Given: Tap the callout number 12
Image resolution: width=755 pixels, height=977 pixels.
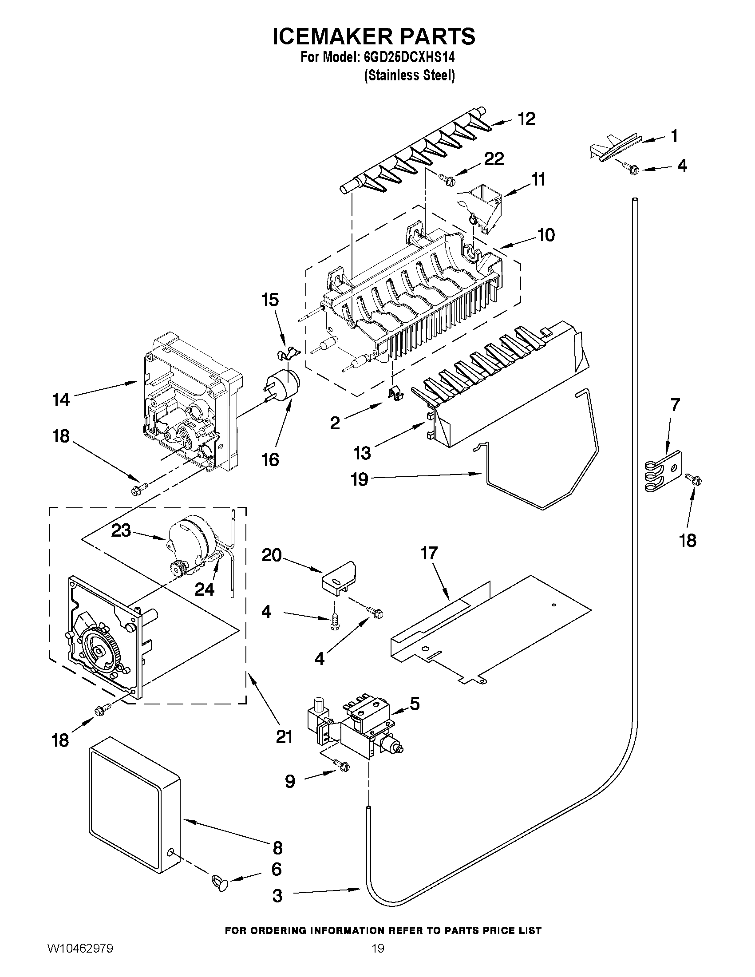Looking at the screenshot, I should (526, 119).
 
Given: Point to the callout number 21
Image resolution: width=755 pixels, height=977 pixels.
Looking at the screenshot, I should (284, 736).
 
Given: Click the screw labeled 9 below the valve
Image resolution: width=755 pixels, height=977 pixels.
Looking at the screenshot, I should (342, 766).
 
